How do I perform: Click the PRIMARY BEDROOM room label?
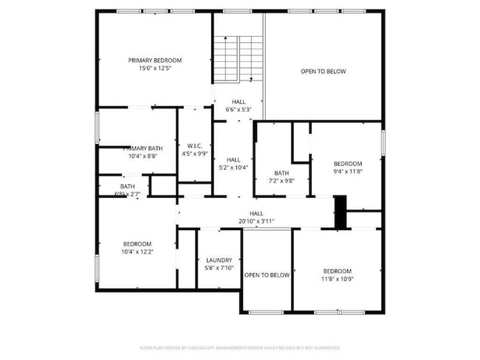coord(154,60)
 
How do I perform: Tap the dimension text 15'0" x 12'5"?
coord(154,69)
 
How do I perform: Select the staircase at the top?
coord(238,59)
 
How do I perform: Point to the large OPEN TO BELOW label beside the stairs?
coord(323,72)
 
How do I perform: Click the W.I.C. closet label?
coord(195,145)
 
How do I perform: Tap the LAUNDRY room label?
coord(219,260)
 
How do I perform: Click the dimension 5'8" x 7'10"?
coord(219,268)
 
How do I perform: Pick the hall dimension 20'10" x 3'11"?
coord(256,221)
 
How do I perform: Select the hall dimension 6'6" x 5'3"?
coord(239,110)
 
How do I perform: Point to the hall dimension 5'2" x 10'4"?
coord(233,167)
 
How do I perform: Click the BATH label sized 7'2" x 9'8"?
coord(281,173)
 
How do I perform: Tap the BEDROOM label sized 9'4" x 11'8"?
coord(348,163)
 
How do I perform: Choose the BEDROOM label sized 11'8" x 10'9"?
coord(337,271)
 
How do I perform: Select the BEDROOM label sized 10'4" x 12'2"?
coord(137,244)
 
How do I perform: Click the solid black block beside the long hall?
coord(340,212)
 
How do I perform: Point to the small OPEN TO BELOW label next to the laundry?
coord(267,275)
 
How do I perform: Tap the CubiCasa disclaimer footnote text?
coord(239,347)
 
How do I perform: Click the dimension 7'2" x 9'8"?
coord(281,181)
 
